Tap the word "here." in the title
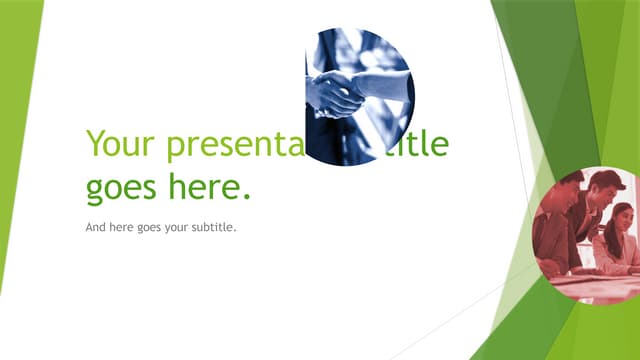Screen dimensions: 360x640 216,186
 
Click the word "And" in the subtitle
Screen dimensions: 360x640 97,227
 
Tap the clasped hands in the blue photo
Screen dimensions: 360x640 337,95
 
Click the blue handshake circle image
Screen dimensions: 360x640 358,96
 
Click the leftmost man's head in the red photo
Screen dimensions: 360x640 571,191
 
